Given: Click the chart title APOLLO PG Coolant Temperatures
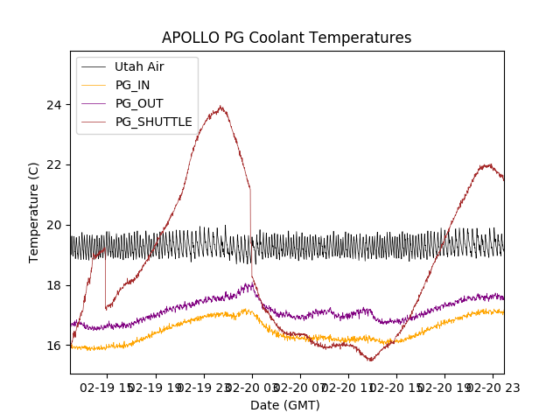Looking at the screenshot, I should pyautogui.click(x=286, y=38).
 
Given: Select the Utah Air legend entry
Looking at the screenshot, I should pyautogui.click(x=139, y=66).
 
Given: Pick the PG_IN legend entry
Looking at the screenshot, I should pyautogui.click(x=132, y=85).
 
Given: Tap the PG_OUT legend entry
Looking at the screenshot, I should pyautogui.click(x=139, y=103).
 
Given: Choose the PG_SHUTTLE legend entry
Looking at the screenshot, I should pyautogui.click(x=153, y=122).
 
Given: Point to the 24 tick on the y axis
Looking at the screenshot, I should pyautogui.click(x=55, y=105).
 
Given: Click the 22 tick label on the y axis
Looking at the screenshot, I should pyautogui.click(x=55, y=165).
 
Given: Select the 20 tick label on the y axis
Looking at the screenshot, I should pyautogui.click(x=55, y=225).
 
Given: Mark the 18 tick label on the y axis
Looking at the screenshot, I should pyautogui.click(x=55, y=285).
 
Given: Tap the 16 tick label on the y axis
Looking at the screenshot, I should pyautogui.click(x=55, y=346).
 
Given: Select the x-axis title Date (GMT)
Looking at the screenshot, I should pyautogui.click(x=285, y=405).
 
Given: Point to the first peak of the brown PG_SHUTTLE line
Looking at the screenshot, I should pyautogui.click(x=220, y=108).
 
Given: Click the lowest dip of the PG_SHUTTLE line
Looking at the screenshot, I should pyautogui.click(x=370, y=360).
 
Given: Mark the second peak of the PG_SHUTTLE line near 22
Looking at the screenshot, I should pyautogui.click(x=486, y=164).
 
